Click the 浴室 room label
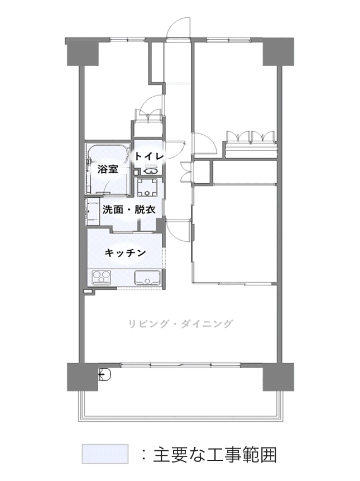[108, 169]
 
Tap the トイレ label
[149, 156]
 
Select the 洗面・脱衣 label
[129, 210]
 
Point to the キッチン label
[125, 253]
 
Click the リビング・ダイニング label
[180, 324]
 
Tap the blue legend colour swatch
[105, 454]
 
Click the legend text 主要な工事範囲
[215, 455]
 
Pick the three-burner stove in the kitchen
[101, 277]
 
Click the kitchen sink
[147, 278]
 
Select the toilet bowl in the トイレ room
[151, 170]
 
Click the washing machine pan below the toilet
[147, 188]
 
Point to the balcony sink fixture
[104, 374]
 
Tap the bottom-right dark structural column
[278, 377]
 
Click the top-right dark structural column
[278, 51]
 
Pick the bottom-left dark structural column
[83, 377]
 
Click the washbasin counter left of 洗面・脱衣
[92, 212]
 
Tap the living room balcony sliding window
[181, 365]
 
